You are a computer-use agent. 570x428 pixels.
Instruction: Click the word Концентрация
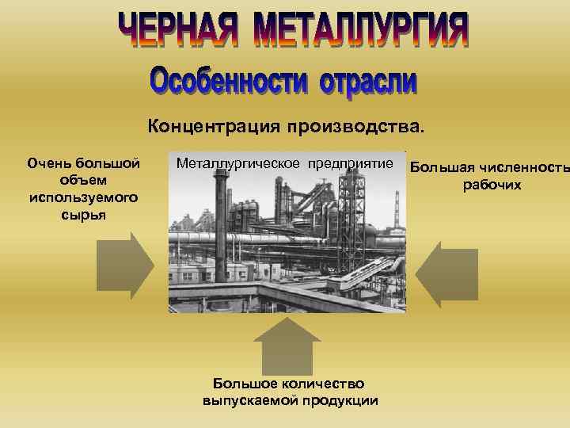pyautogui.click(x=214, y=126)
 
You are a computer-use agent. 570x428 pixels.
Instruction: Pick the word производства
pyautogui.click(x=356, y=126)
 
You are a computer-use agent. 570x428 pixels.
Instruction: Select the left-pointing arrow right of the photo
pyautogui.click(x=448, y=274)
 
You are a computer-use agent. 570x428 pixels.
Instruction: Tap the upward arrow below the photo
pyautogui.click(x=287, y=341)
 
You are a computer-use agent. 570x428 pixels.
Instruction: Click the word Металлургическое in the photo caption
pyautogui.click(x=237, y=163)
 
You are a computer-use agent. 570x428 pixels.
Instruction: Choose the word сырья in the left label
pyautogui.click(x=83, y=214)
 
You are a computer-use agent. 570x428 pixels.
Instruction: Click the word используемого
pyautogui.click(x=83, y=197)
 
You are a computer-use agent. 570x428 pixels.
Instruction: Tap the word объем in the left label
pyautogui.click(x=83, y=181)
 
